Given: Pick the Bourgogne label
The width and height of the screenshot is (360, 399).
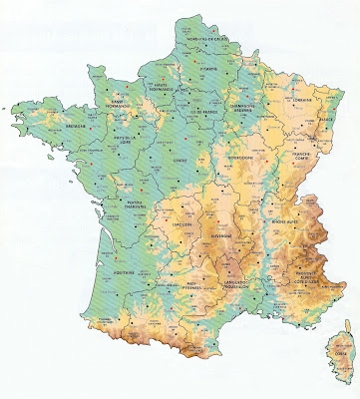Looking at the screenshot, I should point(241,157).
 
